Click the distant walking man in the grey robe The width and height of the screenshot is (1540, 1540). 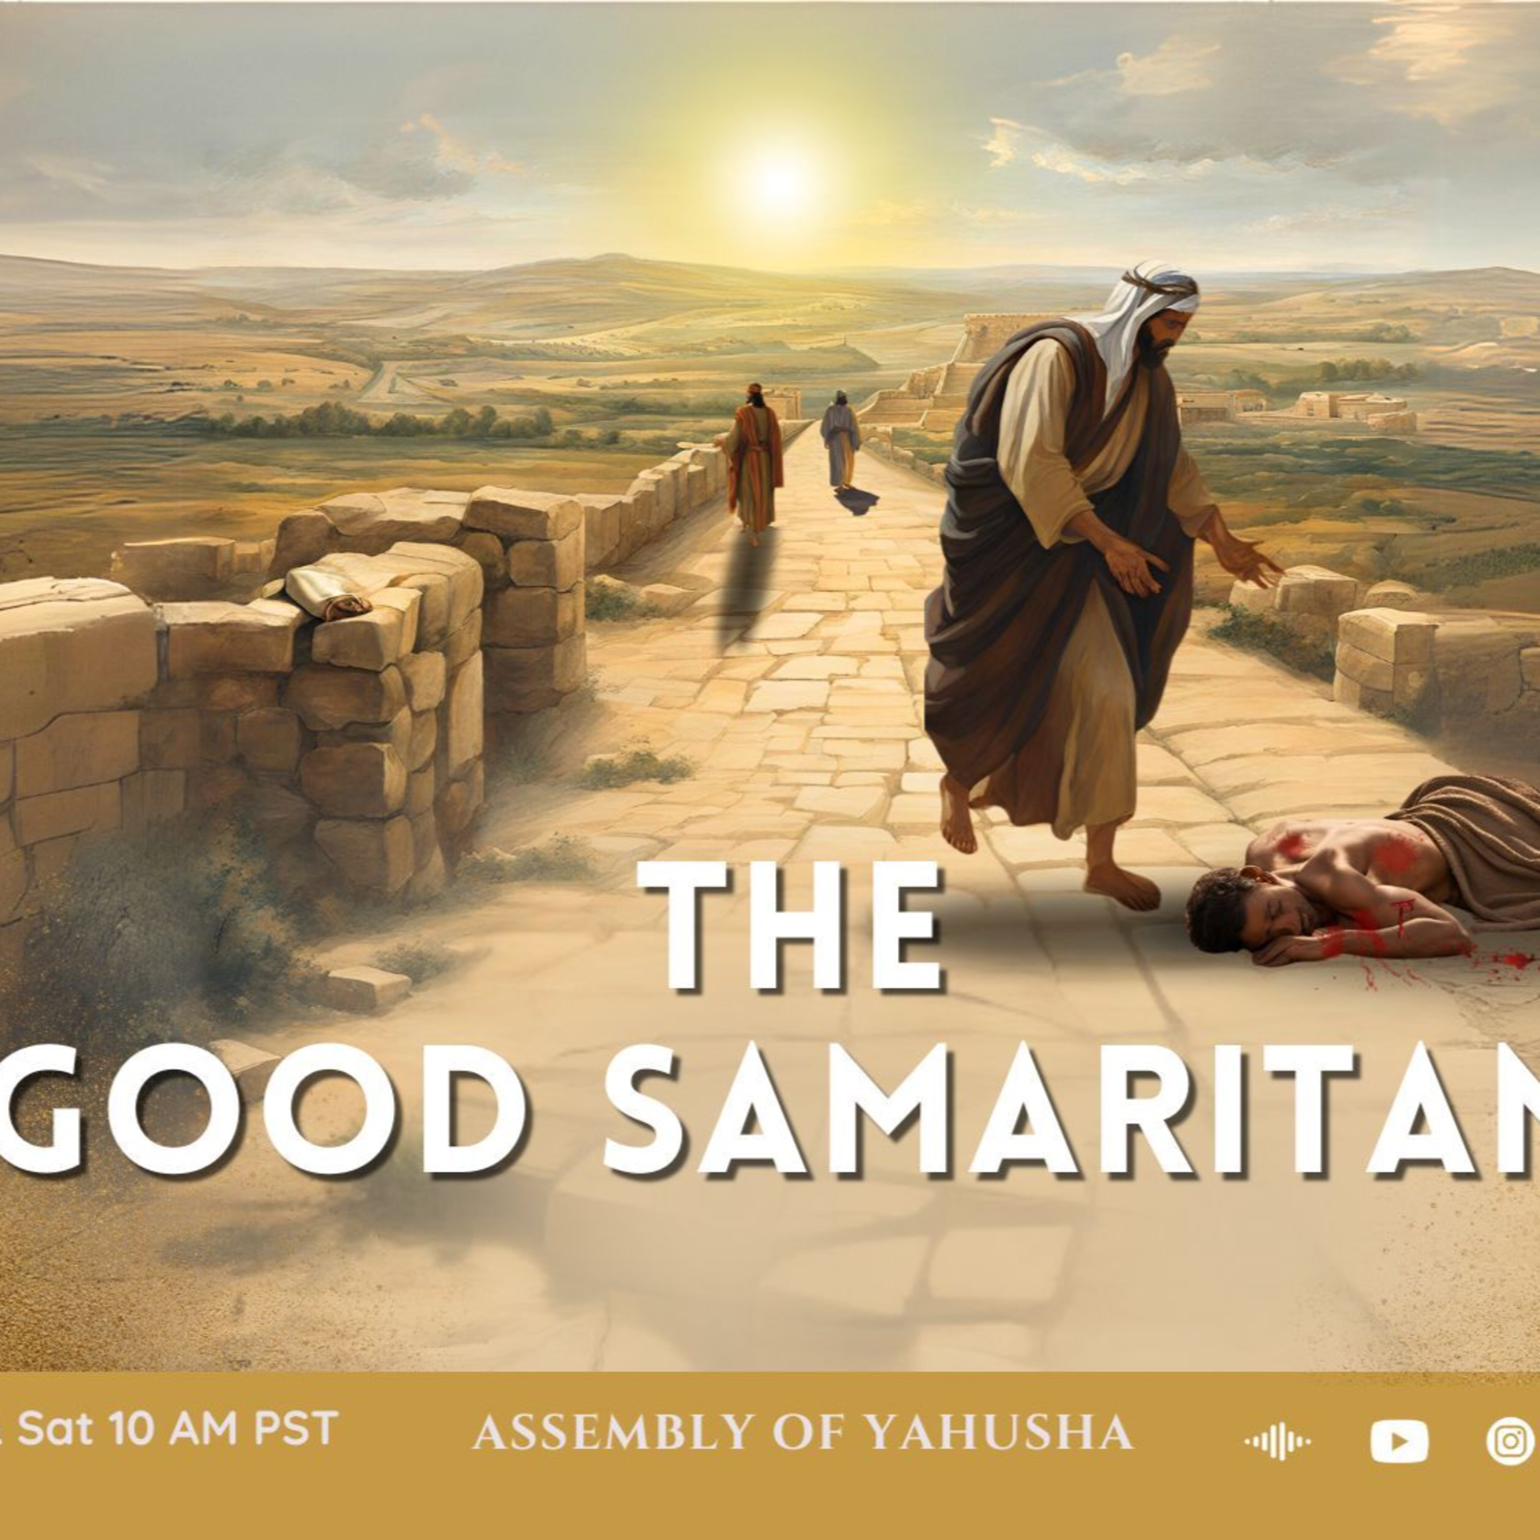pos(841,440)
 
